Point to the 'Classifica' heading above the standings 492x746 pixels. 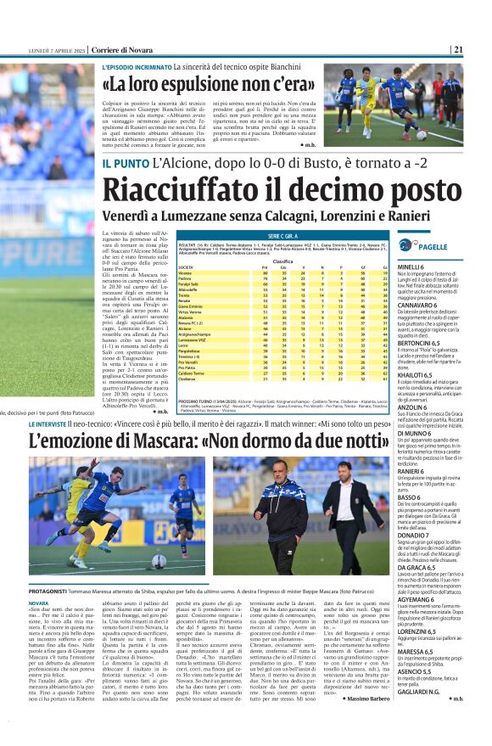[282, 261]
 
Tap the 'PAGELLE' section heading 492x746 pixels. [435, 245]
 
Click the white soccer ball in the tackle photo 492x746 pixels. [159, 561]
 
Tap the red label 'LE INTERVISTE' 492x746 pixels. [58, 423]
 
